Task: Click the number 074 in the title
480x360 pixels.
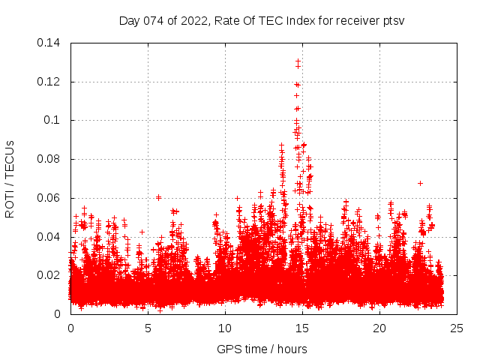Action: pyautogui.click(x=153, y=20)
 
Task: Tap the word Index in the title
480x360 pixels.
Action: pyautogui.click(x=298, y=20)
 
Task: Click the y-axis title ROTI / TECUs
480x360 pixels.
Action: pyautogui.click(x=10, y=178)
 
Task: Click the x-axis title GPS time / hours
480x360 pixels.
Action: pyautogui.click(x=262, y=349)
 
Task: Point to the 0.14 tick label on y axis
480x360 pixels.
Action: pyautogui.click(x=50, y=43)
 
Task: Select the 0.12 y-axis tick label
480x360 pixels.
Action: pyautogui.click(x=50, y=82)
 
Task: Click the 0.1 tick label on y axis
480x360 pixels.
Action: pyautogui.click(x=53, y=120)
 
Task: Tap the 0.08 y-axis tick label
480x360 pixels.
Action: pyautogui.click(x=50, y=159)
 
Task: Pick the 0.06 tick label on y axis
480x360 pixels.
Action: pyautogui.click(x=50, y=198)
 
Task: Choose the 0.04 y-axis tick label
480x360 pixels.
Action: pyautogui.click(x=50, y=237)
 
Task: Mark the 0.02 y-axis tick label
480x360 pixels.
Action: pyautogui.click(x=50, y=275)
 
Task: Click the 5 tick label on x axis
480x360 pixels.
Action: pyautogui.click(x=148, y=328)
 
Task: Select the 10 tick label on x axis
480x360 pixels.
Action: pyautogui.click(x=225, y=328)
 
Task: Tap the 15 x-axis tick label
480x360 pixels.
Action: pyautogui.click(x=302, y=328)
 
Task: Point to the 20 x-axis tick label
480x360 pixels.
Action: pyautogui.click(x=379, y=328)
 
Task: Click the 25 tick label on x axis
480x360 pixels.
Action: pyautogui.click(x=457, y=328)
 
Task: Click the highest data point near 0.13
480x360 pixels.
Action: pyautogui.click(x=298, y=61)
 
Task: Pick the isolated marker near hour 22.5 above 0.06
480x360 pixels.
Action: pyautogui.click(x=420, y=183)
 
